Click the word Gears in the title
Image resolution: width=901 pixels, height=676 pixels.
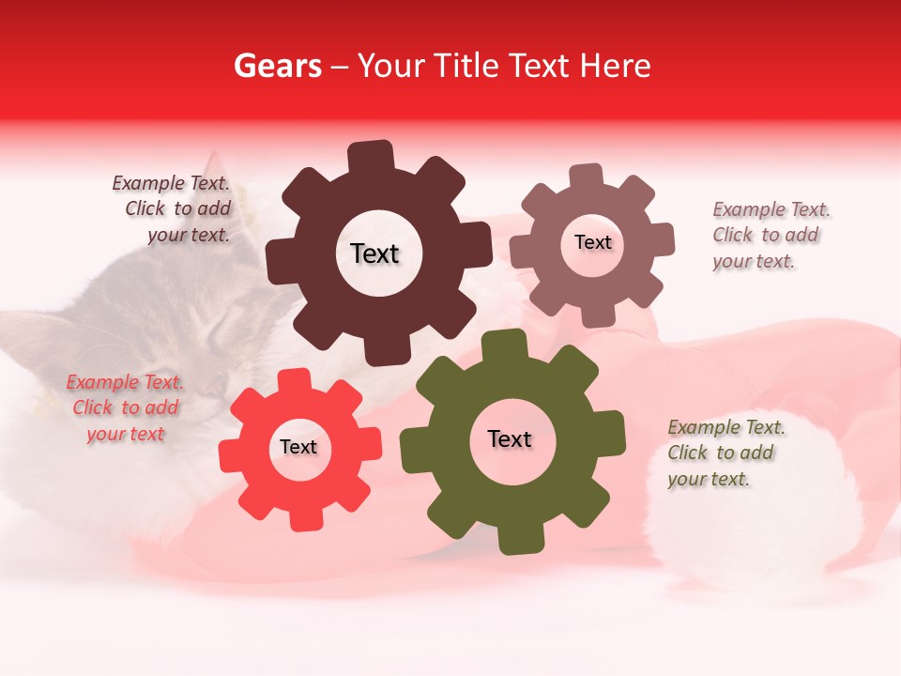(277, 66)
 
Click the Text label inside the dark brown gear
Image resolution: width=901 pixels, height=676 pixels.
(374, 253)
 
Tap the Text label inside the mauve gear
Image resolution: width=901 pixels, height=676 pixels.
(592, 242)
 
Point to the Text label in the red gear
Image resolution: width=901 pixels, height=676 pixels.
(298, 447)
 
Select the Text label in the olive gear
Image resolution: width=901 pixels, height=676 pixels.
(510, 438)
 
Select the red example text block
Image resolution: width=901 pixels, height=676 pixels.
(126, 407)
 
